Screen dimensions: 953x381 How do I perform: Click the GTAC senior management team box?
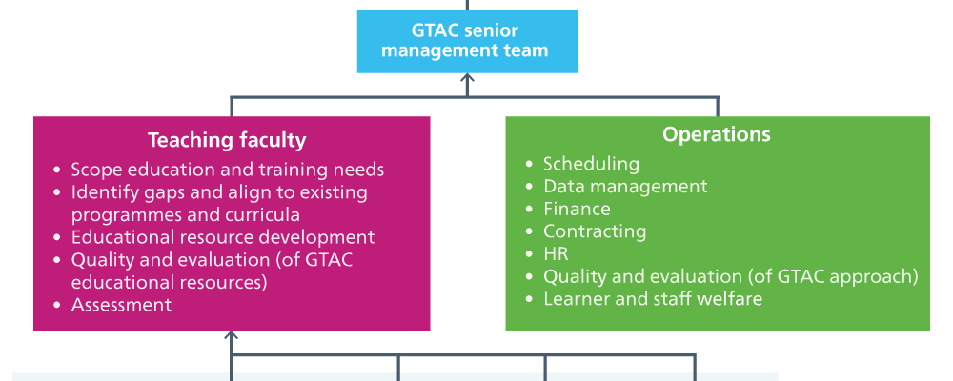coord(467,41)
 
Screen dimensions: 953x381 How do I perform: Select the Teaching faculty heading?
coord(227,140)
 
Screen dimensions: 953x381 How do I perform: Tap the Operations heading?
coord(717,134)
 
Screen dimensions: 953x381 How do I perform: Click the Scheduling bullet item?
coord(591,164)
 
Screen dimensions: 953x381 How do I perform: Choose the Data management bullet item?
coord(625,186)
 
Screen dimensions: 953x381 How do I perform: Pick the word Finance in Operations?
coord(577,209)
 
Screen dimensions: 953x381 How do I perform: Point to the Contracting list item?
coord(595,231)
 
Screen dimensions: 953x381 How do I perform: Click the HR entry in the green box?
coord(556,254)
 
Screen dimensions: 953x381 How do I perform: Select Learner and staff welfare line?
coord(653,299)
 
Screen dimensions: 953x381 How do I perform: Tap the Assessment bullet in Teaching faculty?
coord(122,305)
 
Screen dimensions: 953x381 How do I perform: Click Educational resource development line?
coord(223,237)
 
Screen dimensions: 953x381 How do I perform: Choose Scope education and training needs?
coord(228,170)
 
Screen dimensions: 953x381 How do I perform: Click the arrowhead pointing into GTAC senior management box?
coord(467,78)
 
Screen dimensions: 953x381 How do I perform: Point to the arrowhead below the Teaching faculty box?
coord(231,335)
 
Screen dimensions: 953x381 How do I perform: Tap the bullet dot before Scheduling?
coord(530,164)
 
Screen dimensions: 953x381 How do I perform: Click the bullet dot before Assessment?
coord(58,305)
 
